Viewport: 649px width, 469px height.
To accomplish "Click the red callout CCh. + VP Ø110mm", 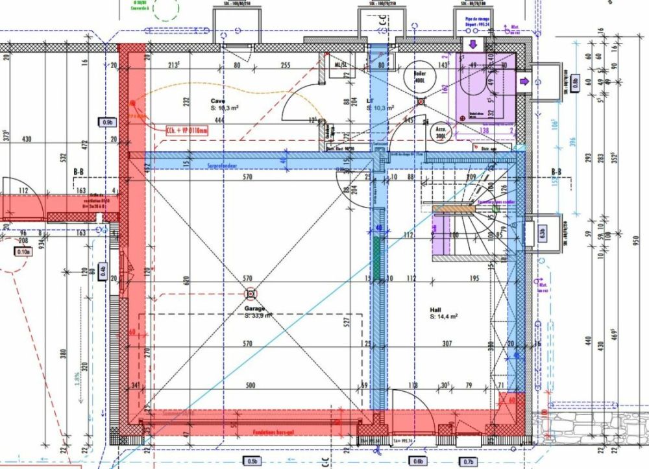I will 188,130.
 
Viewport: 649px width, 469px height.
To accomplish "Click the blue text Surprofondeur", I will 221,165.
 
